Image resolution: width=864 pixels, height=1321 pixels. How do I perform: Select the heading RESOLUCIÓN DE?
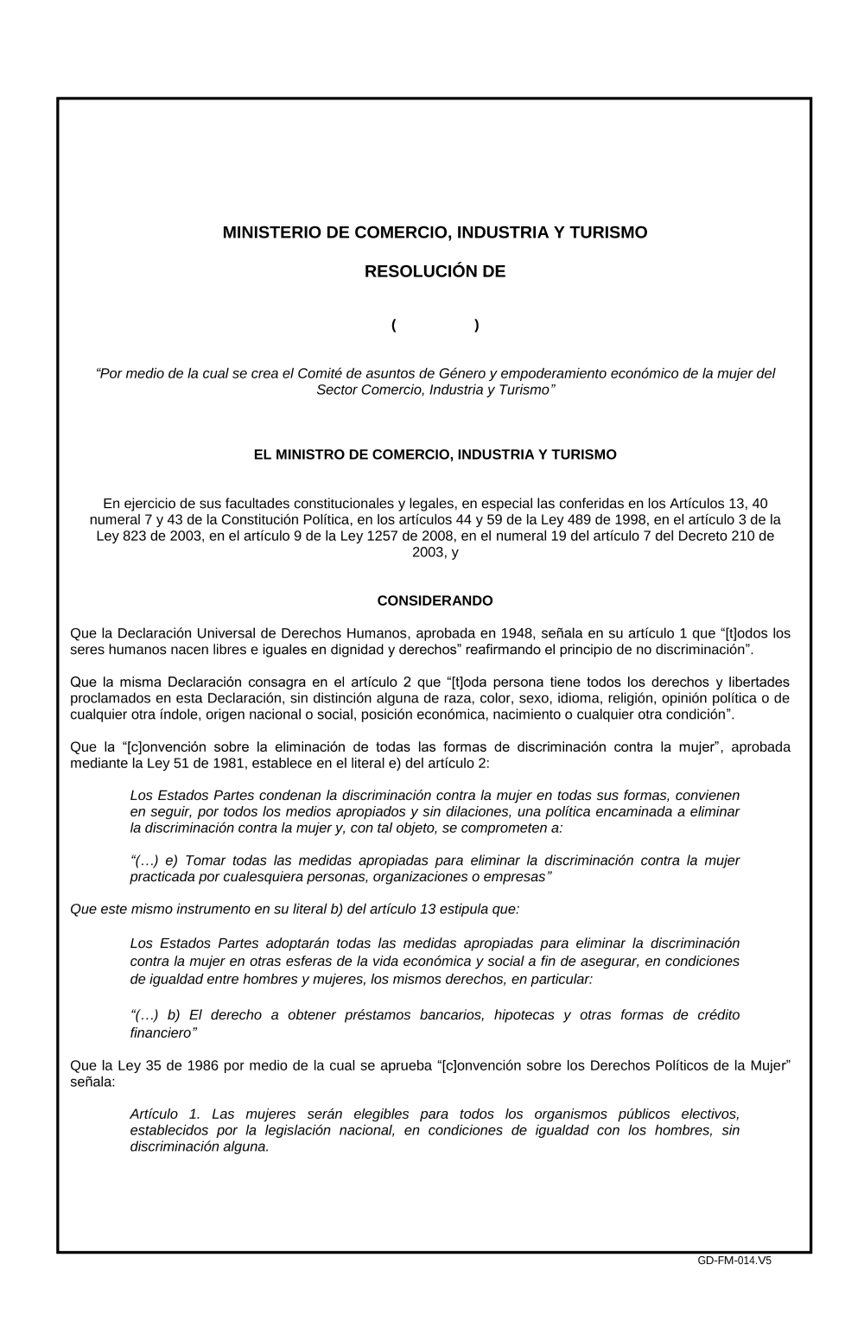pos(435,271)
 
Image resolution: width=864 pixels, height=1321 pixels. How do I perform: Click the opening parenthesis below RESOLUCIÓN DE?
pos(394,325)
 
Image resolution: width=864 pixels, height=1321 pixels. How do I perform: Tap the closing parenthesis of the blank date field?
pos(477,325)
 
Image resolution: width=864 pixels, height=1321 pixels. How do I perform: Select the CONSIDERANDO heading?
pos(435,600)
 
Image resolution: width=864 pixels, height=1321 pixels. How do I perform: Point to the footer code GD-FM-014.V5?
pos(734,1261)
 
